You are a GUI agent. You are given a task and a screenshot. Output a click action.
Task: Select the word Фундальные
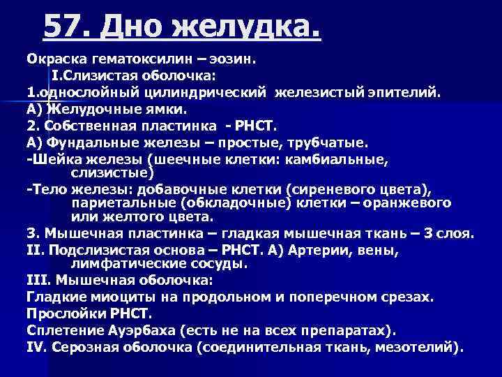91,142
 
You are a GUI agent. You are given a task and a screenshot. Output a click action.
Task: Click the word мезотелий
418,346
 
